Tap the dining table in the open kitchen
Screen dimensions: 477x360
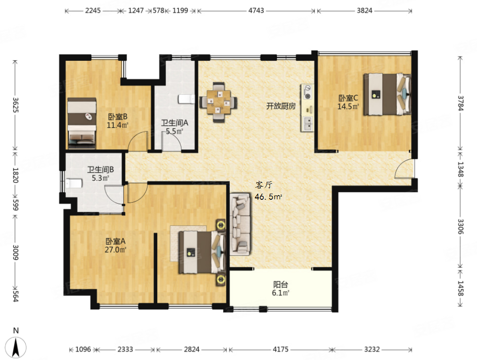coord(218,102)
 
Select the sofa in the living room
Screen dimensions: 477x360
coord(240,224)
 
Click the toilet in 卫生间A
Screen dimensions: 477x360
coord(186,99)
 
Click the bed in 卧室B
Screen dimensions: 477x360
coord(82,123)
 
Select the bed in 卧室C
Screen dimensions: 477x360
coord(387,94)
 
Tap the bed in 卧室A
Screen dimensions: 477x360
coord(202,252)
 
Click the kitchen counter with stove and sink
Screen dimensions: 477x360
coord(307,108)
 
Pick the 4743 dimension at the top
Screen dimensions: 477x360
coord(256,11)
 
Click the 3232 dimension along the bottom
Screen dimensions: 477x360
coord(372,349)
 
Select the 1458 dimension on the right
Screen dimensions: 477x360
coord(461,288)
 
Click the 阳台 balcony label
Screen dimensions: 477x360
coord(281,285)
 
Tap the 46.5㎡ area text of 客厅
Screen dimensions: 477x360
coord(268,197)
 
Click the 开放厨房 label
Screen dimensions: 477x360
coord(281,106)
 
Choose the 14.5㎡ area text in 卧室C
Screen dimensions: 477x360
coord(348,106)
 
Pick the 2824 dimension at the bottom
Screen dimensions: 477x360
coord(192,349)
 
